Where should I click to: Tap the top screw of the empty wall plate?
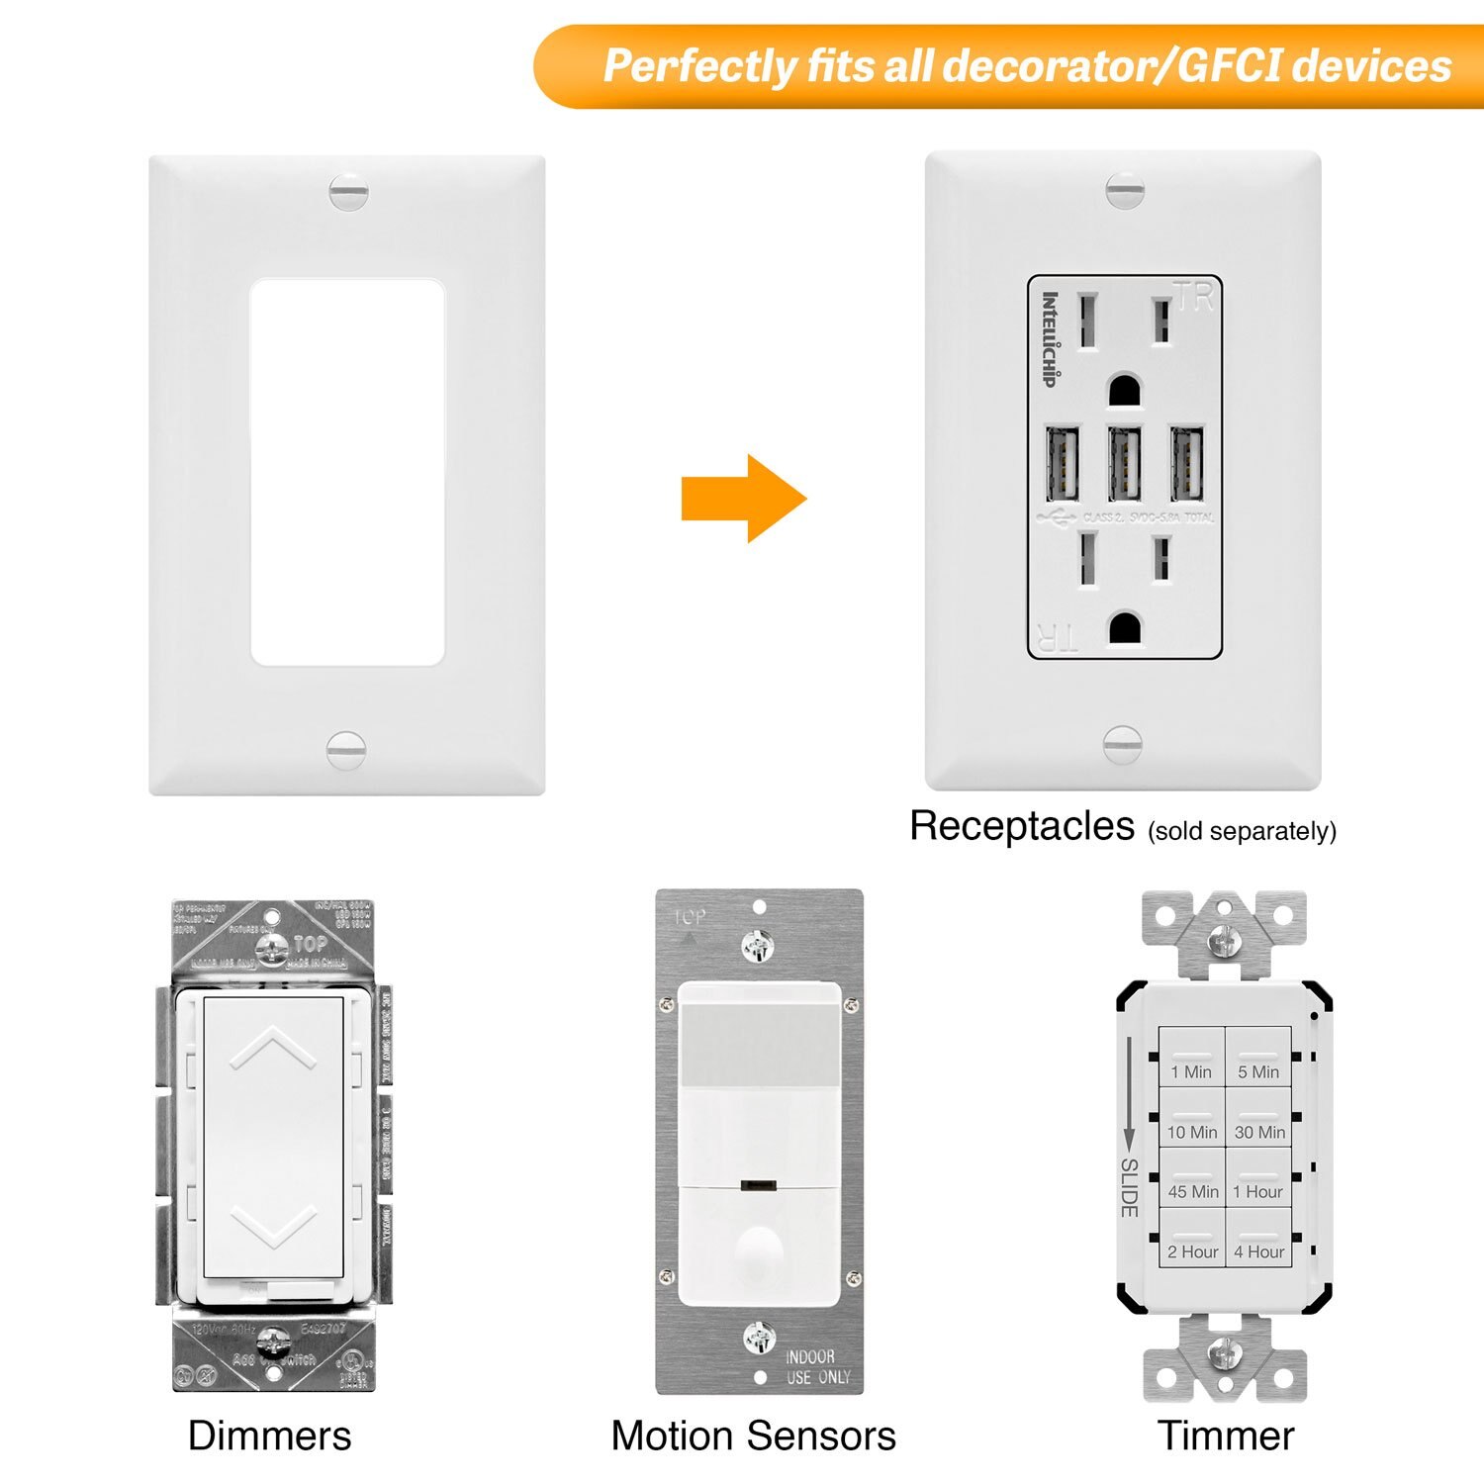coord(348,192)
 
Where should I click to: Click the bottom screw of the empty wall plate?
coord(346,749)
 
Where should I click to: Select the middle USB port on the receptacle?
coord(1125,463)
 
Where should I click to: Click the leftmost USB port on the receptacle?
coord(1062,463)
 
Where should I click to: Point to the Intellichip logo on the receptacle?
coord(1050,338)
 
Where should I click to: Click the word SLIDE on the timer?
coord(1129,1187)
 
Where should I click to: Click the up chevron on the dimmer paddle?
coord(273,1049)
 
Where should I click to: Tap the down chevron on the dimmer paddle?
coord(273,1227)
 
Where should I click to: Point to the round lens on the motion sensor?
coord(759,1249)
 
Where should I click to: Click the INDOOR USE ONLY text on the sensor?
coord(817,1366)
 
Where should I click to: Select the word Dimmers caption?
coord(269,1436)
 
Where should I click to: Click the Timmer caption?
coord(1225,1436)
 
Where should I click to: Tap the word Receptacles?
coord(1021,826)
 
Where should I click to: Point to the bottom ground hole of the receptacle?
coord(1125,627)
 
